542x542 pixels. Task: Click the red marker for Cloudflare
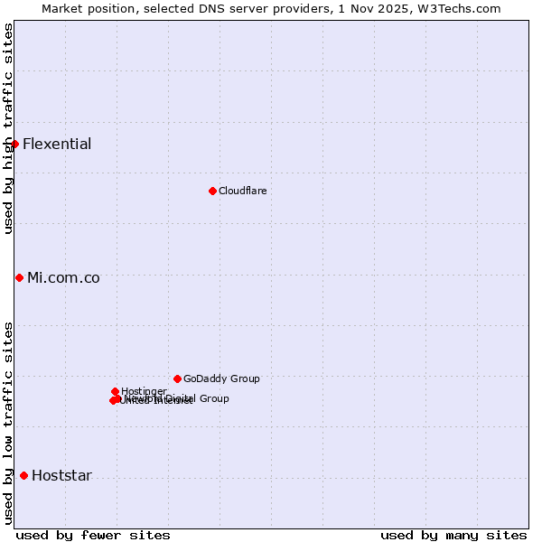[x=212, y=191]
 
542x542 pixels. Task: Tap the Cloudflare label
[x=242, y=191]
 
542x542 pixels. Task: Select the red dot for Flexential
[x=14, y=144]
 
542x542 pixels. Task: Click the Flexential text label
[x=57, y=144]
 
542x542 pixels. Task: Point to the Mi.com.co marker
[x=19, y=277]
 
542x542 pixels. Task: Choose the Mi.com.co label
[x=63, y=277]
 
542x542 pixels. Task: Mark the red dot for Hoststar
[x=23, y=475]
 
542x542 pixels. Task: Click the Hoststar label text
[x=61, y=475]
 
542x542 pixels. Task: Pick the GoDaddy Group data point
[x=177, y=378]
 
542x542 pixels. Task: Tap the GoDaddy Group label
[x=221, y=378]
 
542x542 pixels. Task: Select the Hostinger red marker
[x=115, y=391]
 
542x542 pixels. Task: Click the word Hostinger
[x=145, y=391]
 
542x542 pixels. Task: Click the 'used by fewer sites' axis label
[x=93, y=535]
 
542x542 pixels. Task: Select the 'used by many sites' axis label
[x=453, y=535]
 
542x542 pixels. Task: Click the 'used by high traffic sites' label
[x=8, y=128]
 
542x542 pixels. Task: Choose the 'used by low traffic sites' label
[x=8, y=423]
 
